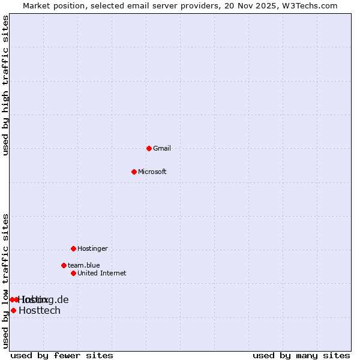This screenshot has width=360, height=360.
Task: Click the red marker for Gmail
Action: (149, 148)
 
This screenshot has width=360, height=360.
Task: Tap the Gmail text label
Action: (162, 148)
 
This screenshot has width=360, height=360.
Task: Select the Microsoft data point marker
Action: (134, 172)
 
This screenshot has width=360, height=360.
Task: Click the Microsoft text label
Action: (152, 172)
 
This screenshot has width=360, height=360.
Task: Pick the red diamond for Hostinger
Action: (73, 248)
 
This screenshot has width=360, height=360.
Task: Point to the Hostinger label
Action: (92, 248)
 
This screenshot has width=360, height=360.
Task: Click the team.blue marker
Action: (64, 265)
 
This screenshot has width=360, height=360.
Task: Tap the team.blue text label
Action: (84, 265)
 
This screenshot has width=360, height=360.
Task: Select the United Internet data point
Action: (73, 273)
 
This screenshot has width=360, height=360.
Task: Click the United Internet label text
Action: (102, 273)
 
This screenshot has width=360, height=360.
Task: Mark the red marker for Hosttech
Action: (13, 310)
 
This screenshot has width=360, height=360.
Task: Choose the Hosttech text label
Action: (40, 310)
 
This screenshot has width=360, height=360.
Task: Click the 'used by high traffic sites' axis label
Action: (6, 85)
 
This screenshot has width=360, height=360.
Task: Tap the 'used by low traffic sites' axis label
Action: (6, 281)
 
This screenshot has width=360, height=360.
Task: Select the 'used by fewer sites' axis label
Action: (62, 355)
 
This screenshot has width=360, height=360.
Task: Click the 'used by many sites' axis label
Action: (301, 355)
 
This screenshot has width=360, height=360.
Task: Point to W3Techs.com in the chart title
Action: (310, 6)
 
